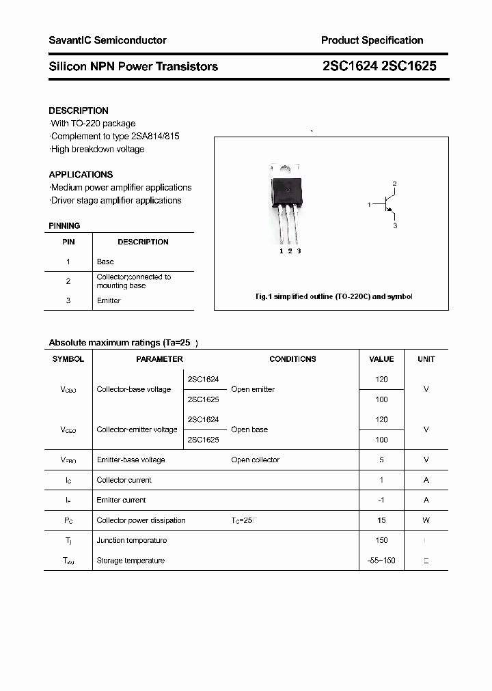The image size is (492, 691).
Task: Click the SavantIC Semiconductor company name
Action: [107, 40]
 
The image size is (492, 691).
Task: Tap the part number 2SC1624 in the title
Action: [350, 66]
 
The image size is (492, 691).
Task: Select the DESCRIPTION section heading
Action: [79, 111]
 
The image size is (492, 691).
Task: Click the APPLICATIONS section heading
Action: [81, 174]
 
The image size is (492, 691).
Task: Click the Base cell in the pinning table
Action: [105, 262]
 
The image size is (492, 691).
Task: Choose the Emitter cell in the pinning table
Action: [109, 300]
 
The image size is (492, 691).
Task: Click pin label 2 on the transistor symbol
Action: [394, 184]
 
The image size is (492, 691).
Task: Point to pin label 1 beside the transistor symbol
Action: [369, 204]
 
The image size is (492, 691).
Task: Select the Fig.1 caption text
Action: [333, 296]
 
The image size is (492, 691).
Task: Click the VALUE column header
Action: [381, 359]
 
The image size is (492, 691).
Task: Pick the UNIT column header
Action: [426, 359]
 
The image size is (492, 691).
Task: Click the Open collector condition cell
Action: [255, 460]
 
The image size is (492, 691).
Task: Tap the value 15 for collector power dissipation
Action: [381, 520]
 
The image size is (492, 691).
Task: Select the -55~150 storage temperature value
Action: [381, 561]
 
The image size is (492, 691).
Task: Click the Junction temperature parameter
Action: [132, 540]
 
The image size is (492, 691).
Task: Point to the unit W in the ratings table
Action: [426, 520]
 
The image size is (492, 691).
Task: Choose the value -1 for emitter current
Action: [381, 500]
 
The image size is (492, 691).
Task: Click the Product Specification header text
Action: [372, 40]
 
